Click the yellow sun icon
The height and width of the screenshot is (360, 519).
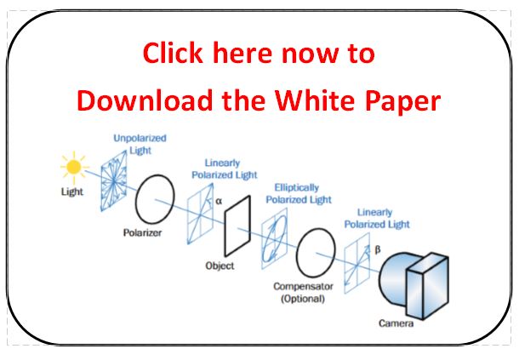click(x=74, y=167)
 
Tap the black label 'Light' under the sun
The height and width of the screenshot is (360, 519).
click(x=72, y=191)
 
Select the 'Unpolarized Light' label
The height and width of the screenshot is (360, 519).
click(x=140, y=144)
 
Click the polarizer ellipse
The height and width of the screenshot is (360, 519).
click(x=155, y=199)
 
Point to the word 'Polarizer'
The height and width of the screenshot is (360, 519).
click(x=142, y=233)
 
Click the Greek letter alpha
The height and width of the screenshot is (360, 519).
click(x=219, y=201)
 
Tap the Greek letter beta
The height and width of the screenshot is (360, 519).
click(x=377, y=249)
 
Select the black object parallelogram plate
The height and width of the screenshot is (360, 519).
click(x=237, y=226)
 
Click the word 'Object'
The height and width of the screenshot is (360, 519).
click(x=220, y=266)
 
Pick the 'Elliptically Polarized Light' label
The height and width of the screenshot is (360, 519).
click(x=299, y=194)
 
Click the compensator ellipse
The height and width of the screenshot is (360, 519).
click(x=316, y=253)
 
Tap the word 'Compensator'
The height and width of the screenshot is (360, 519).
click(x=303, y=287)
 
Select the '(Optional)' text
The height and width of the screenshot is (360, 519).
click(x=303, y=299)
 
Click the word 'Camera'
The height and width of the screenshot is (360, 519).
click(x=396, y=323)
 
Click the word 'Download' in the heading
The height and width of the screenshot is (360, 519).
click(x=145, y=100)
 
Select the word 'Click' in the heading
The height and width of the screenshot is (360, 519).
click(x=173, y=53)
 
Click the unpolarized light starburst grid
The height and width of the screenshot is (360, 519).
click(x=114, y=180)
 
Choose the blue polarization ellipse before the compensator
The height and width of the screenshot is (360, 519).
click(x=275, y=238)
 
